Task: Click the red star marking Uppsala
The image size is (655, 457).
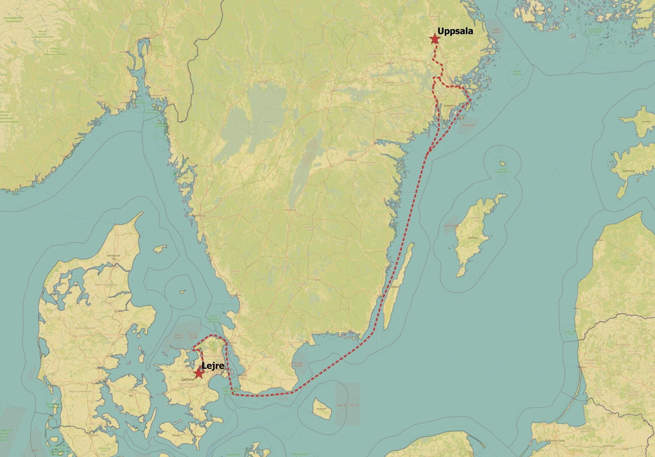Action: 435,39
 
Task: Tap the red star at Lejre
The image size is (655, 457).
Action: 199,373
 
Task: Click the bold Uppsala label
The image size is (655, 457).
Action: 455,31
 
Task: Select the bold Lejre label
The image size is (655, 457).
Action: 213,366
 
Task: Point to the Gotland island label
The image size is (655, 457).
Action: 473,238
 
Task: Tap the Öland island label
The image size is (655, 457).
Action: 395,287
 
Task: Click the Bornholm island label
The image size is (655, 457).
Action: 321,409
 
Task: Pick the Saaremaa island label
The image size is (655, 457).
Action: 628,171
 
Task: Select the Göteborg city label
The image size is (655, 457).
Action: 199,216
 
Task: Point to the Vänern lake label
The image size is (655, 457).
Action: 268,122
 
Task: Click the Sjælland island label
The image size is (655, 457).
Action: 187,379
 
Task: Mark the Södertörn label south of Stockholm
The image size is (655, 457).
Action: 449,105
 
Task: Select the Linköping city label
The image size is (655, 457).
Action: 351,160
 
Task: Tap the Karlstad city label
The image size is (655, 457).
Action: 263,82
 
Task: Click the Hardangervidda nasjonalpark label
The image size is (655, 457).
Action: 14,20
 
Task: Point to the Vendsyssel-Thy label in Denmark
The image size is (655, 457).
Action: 114,257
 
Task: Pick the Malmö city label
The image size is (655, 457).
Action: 242,375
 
